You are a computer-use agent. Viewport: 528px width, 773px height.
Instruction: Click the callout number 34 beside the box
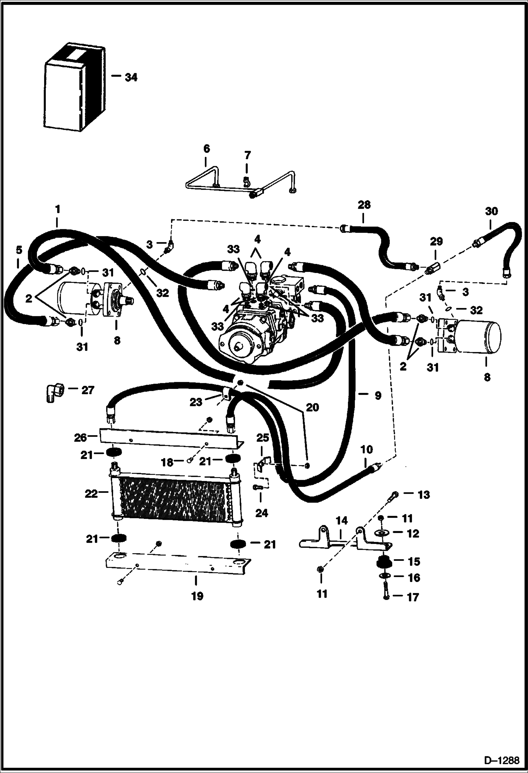[x=131, y=77]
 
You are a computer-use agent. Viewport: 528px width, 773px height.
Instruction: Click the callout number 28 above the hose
[x=364, y=205]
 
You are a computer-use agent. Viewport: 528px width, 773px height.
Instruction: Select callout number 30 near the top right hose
[x=491, y=211]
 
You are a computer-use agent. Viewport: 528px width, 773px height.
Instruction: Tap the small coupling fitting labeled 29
[x=432, y=268]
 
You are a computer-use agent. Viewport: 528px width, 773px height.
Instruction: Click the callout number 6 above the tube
[x=206, y=149]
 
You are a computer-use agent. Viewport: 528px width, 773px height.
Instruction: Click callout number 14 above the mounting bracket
[x=342, y=520]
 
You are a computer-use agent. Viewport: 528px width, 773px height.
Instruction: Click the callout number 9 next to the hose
[x=377, y=396]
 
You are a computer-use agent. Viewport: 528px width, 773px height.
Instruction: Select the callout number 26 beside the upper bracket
[x=80, y=438]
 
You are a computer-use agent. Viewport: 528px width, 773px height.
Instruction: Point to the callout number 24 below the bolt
[x=261, y=513]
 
